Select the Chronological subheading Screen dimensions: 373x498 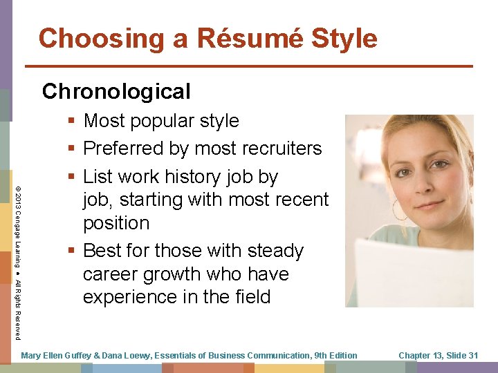point(116,91)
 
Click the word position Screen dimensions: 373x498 point(116,223)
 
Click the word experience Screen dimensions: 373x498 point(130,297)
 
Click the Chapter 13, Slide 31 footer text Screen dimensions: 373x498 point(438,355)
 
